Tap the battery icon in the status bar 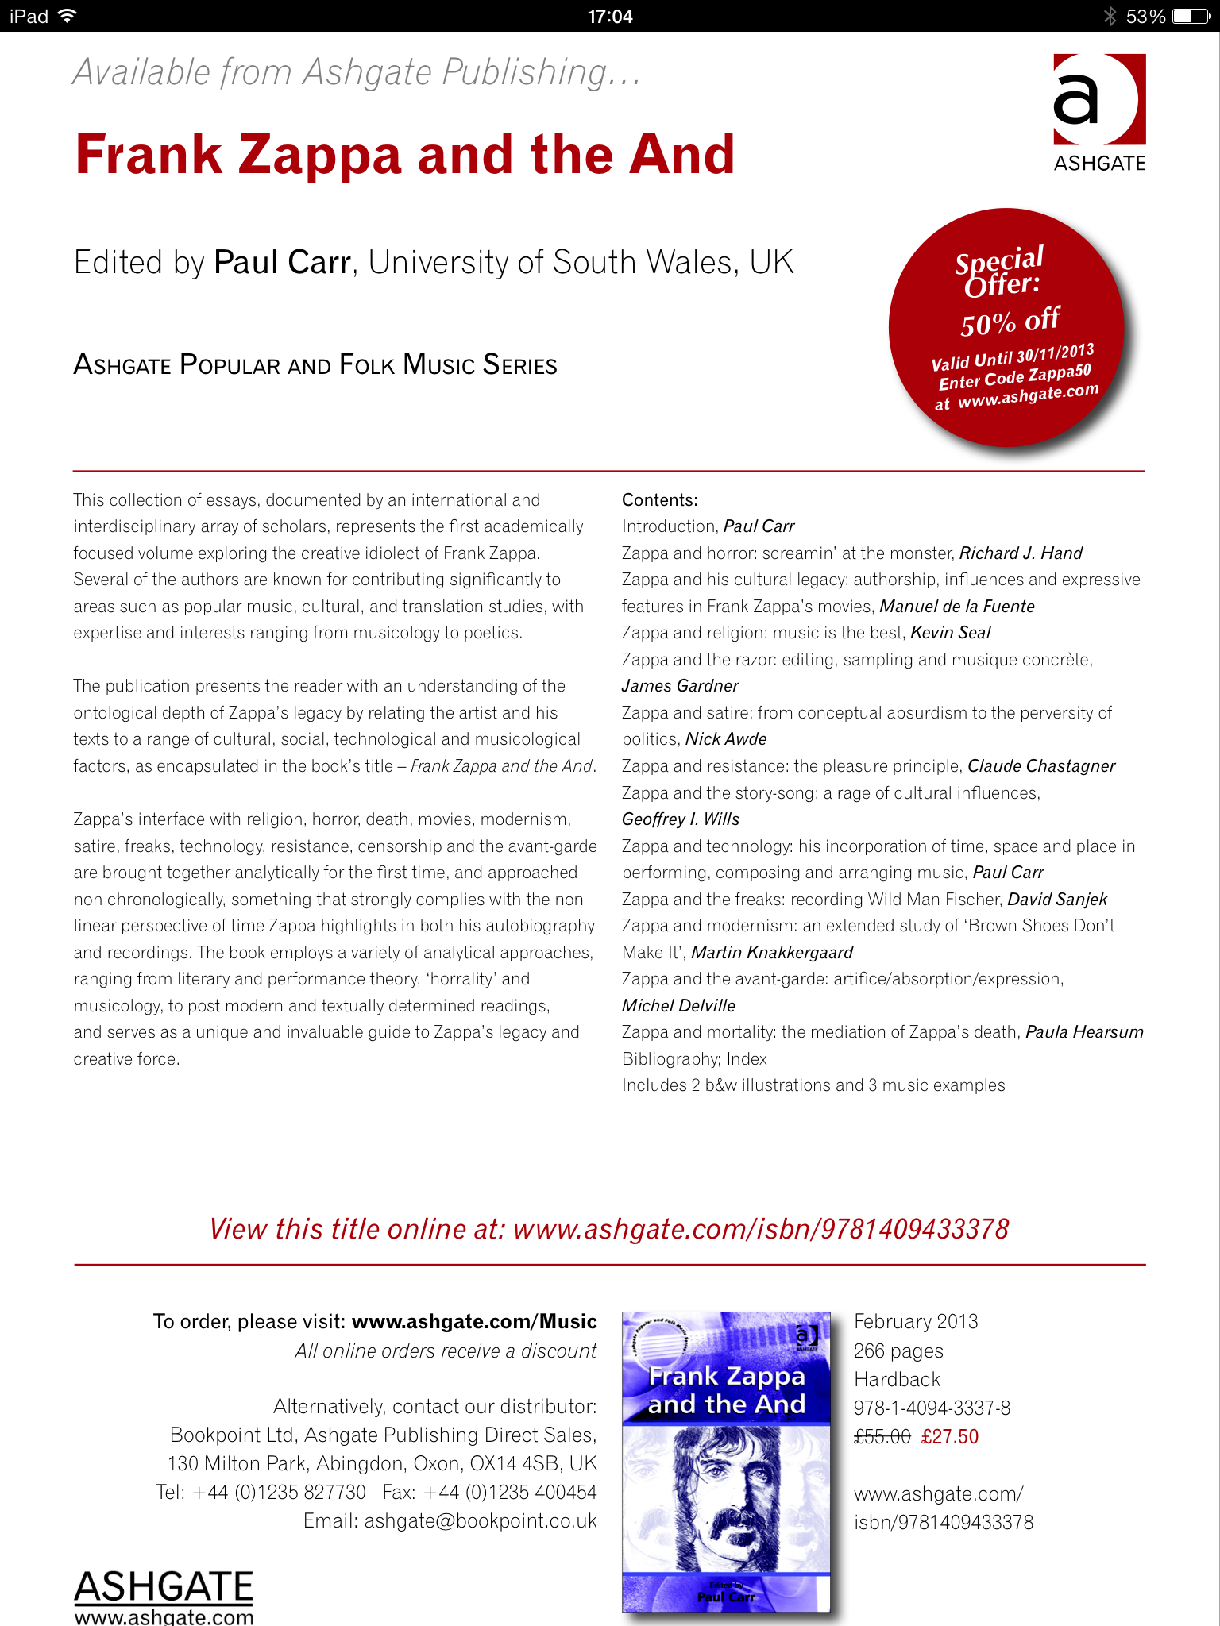pos(1191,16)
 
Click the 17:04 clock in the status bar pos(610,16)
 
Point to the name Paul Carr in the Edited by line pos(283,262)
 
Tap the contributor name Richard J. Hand pos(1021,553)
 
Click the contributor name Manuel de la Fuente pos(957,607)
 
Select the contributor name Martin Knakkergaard pos(772,952)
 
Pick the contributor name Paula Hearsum pos(1084,1032)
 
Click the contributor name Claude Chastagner pos(1041,766)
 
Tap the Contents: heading pos(659,499)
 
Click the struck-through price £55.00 pos(882,1436)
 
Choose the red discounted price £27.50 pos(950,1436)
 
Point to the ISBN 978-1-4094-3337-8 pos(932,1408)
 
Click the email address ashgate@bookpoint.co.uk pos(480,1520)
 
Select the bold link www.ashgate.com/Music pos(474,1321)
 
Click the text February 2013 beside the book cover pos(916,1321)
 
